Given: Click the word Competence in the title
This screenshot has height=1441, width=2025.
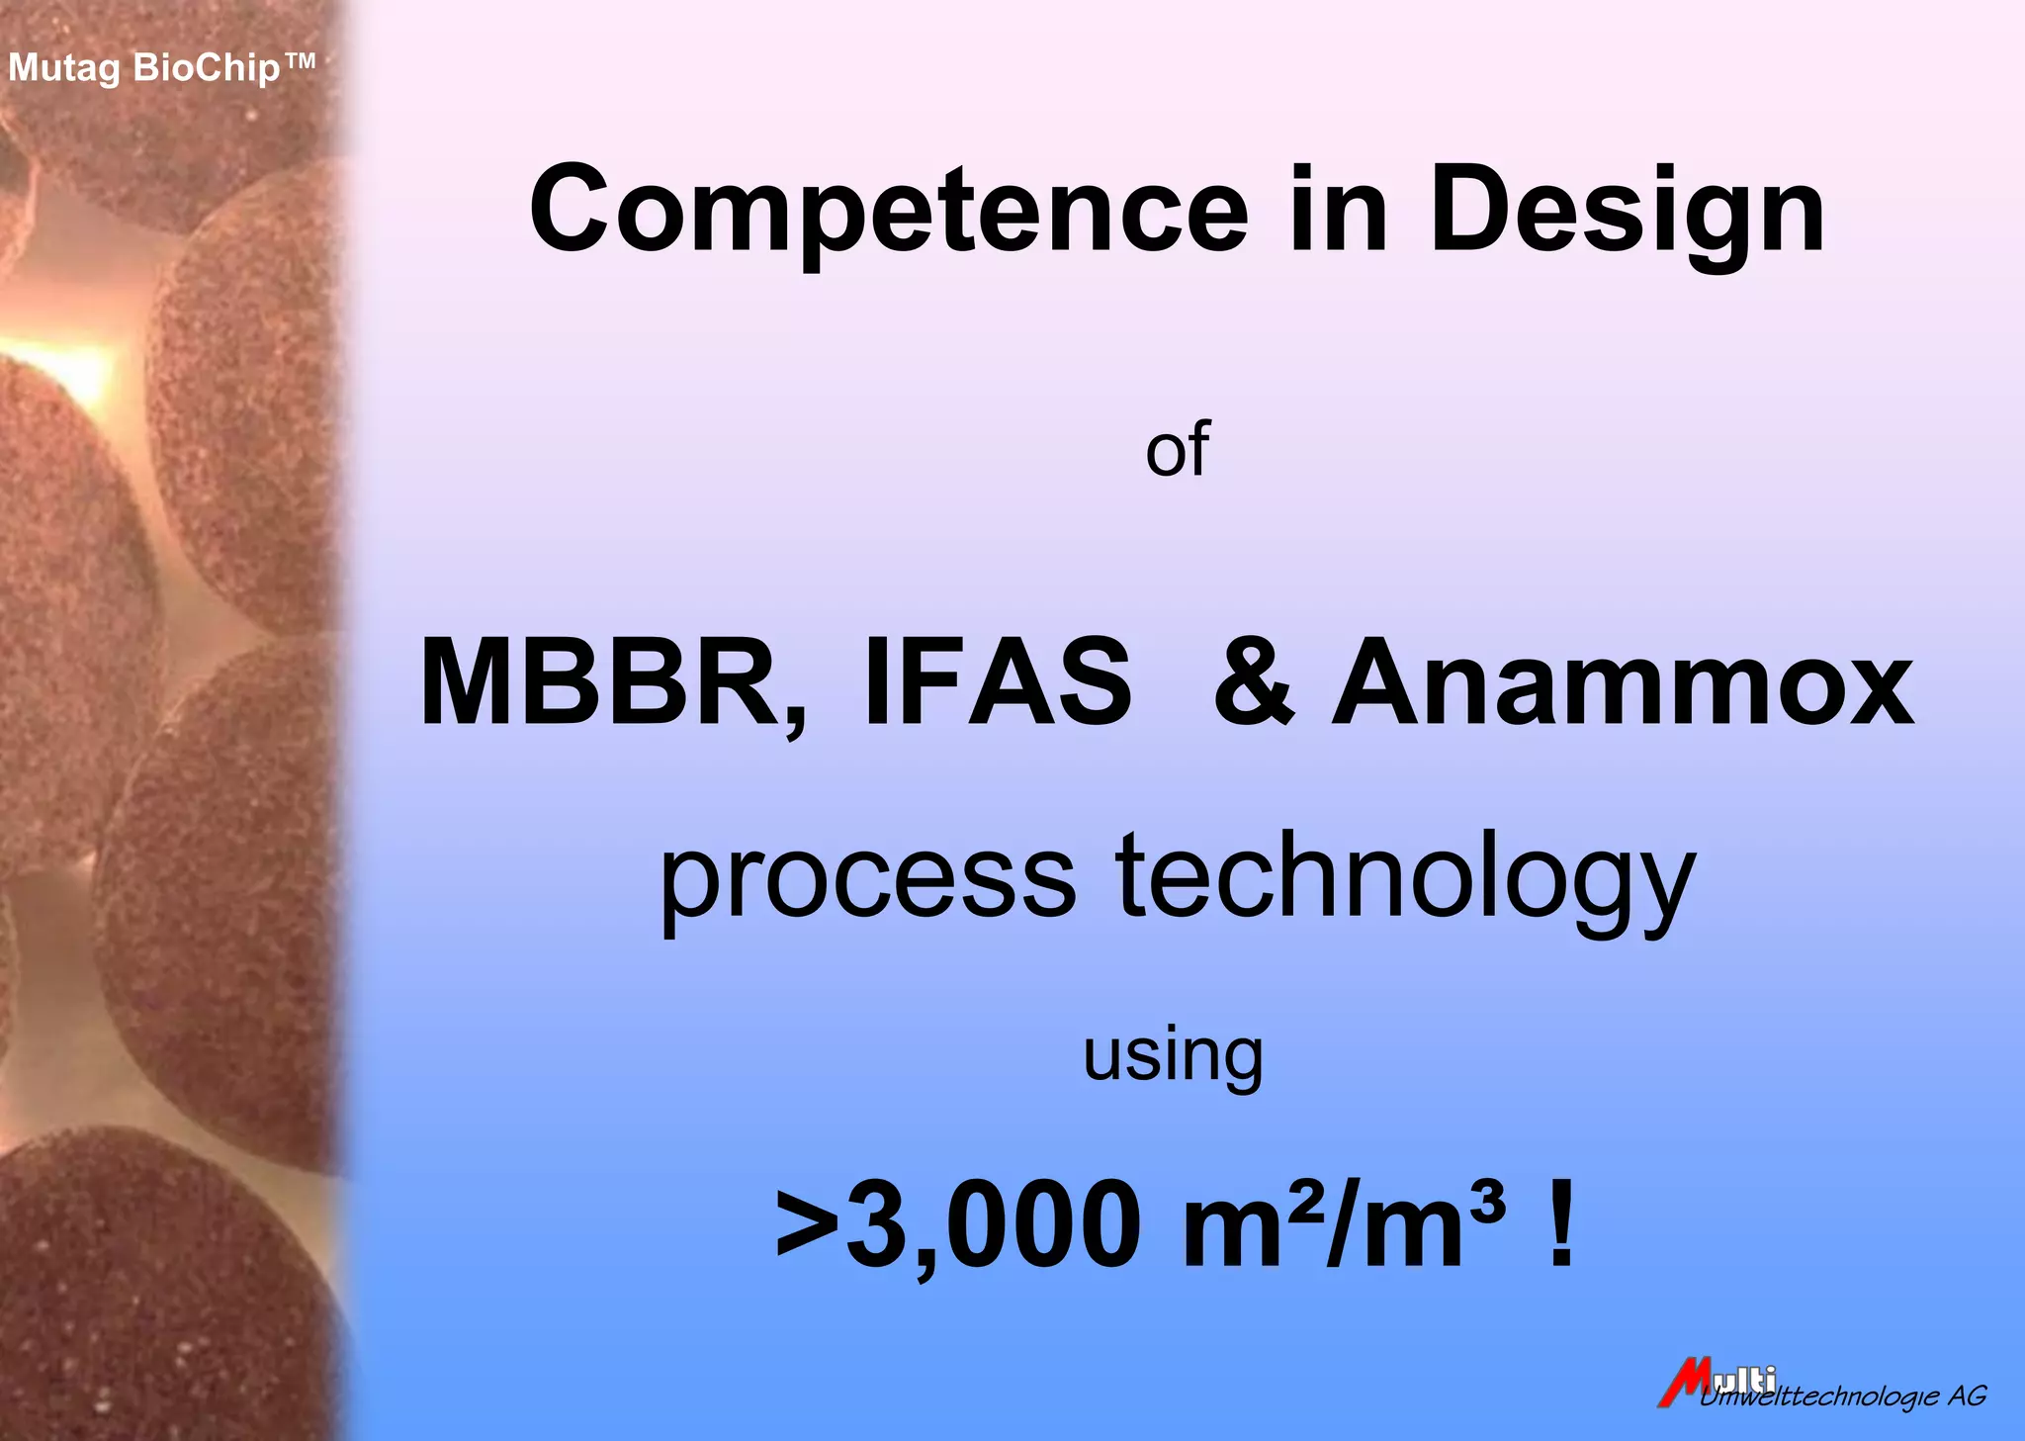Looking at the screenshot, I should [x=889, y=211].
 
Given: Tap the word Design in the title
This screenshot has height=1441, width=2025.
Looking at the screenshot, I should [x=1627, y=211].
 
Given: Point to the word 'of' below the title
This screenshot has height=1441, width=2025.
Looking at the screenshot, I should [x=1177, y=451].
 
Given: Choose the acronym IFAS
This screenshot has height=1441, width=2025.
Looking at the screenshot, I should [x=998, y=682].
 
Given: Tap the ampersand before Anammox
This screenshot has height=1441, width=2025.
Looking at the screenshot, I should [x=1254, y=682].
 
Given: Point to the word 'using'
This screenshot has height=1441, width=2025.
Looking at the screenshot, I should [x=1173, y=1057].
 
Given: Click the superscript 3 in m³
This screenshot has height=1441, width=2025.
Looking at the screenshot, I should [x=1487, y=1200].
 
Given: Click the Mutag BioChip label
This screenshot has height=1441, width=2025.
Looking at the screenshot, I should [x=161, y=68].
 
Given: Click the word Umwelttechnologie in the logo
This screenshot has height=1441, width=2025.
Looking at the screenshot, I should [x=1819, y=1396].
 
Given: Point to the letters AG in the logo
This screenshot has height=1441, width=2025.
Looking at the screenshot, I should [x=1967, y=1396].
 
